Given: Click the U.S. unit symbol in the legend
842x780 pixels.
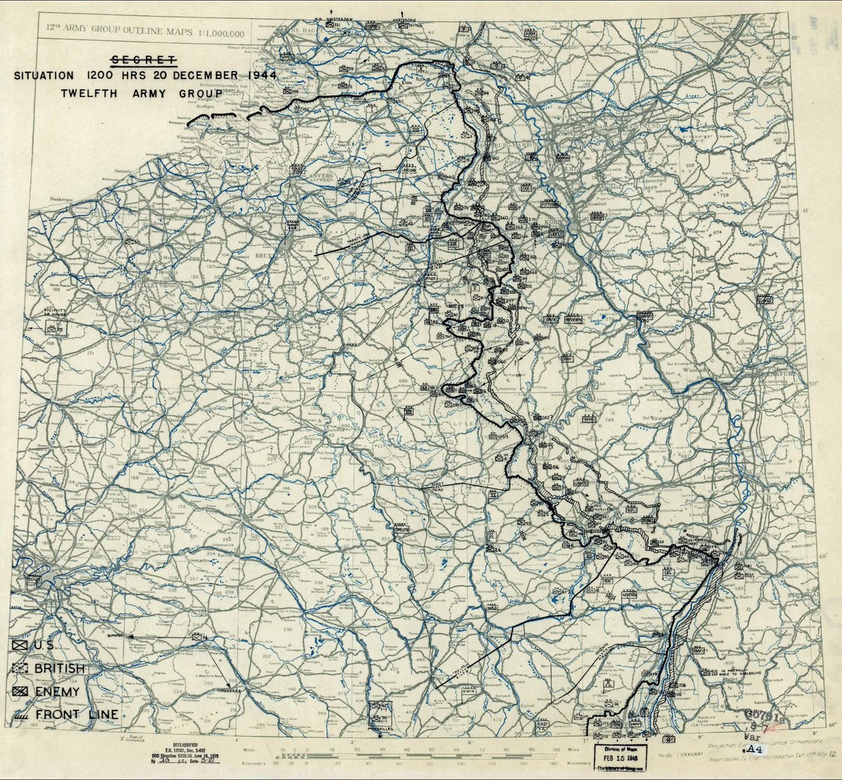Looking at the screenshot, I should (20, 645).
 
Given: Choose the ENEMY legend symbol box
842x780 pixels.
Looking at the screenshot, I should (20, 692).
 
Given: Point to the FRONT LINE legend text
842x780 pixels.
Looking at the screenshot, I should (76, 715).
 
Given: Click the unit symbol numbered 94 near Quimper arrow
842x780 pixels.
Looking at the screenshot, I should (203, 637).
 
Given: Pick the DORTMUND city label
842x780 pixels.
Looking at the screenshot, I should (625, 125).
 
